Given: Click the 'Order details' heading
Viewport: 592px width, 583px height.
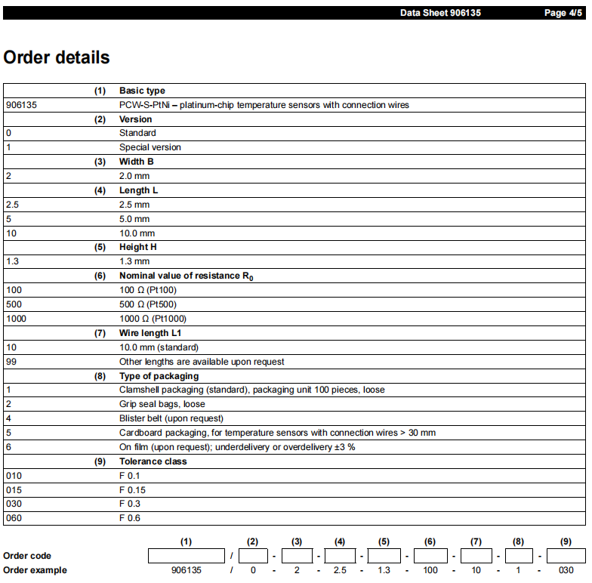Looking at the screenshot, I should [57, 57].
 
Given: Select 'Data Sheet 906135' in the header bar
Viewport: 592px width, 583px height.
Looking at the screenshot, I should [440, 13].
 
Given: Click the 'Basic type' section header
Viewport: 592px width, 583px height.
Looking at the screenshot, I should [142, 91].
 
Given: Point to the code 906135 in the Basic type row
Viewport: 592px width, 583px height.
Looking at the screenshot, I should [21, 105].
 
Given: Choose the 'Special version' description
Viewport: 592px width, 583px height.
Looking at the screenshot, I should [150, 147].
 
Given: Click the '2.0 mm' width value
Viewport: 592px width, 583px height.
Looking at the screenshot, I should [134, 176].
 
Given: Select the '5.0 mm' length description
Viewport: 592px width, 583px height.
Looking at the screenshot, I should [134, 219].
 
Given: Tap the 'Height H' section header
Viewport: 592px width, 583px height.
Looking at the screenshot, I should [138, 247].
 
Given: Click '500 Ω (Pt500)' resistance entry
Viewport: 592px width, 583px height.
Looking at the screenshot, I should [148, 304].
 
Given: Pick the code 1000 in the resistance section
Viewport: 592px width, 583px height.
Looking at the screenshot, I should [16, 319].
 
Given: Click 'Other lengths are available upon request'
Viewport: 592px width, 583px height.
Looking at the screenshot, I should [202, 362].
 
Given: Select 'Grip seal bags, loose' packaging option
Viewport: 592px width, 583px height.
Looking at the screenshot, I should [162, 404].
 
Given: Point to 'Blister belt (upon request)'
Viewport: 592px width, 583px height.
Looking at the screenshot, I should [171, 418].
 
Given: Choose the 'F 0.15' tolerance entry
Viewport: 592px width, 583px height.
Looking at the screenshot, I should [132, 490].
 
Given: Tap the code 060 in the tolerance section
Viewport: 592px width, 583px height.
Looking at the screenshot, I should [14, 518].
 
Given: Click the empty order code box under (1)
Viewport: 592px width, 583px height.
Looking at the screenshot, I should [187, 556].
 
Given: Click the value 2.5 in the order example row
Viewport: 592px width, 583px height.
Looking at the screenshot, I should [340, 570].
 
